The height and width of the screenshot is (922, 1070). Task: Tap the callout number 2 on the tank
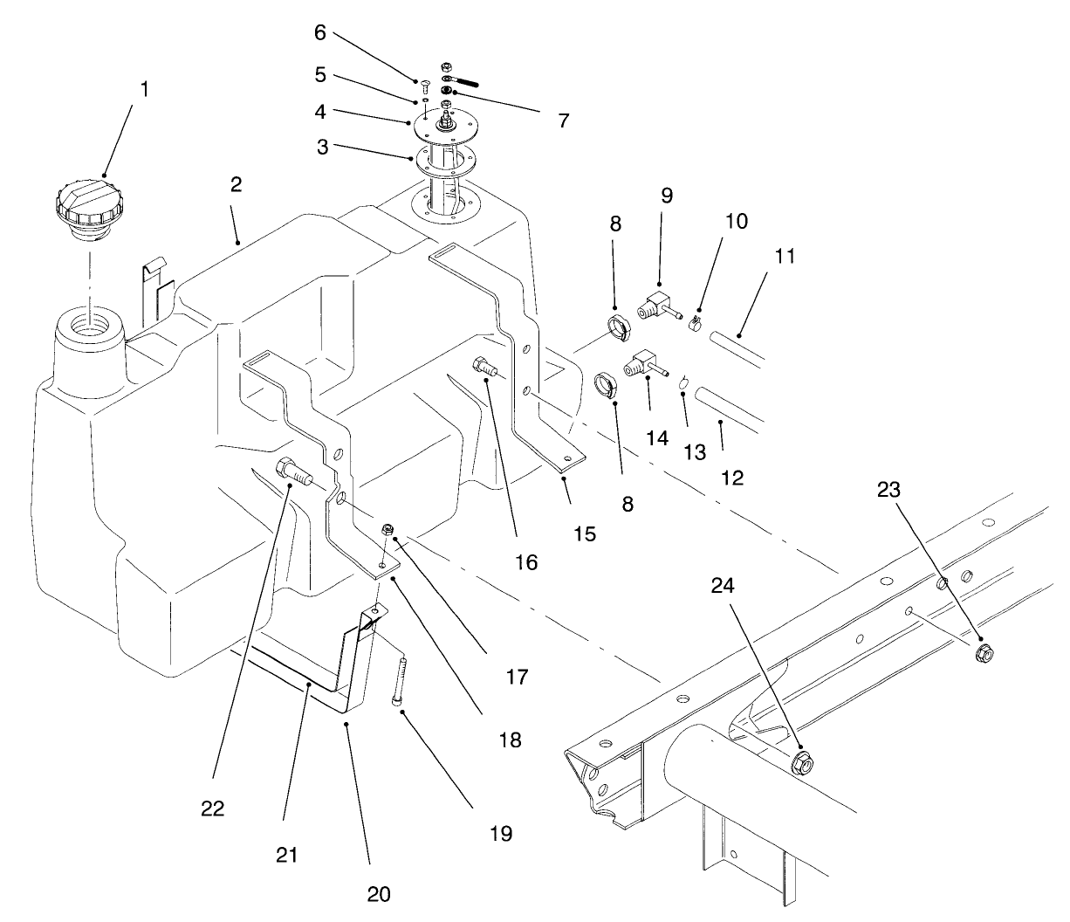tap(237, 184)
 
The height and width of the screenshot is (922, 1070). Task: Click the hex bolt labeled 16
tap(484, 367)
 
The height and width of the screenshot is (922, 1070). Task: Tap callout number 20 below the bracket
tap(380, 893)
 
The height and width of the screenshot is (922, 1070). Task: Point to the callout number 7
tap(563, 120)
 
